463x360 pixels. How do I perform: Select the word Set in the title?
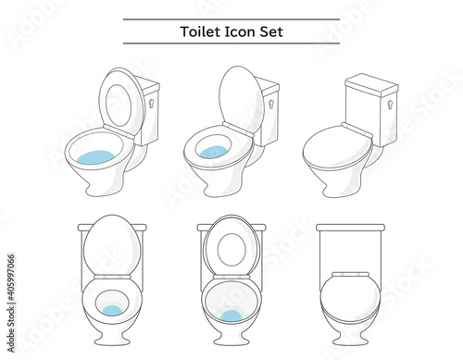(271, 31)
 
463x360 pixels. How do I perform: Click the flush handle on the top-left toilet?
(152, 103)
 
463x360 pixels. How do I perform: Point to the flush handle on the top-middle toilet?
(271, 105)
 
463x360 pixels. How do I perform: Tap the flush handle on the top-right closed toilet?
(391, 105)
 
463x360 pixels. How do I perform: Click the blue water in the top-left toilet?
(95, 157)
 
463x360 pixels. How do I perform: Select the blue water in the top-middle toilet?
(211, 152)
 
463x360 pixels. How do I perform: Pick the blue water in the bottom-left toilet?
(112, 310)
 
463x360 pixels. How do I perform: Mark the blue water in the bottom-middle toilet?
(231, 317)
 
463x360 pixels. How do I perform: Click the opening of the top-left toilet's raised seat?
(119, 106)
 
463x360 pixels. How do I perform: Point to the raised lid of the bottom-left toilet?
(112, 244)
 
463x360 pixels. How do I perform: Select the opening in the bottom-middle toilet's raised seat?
(231, 250)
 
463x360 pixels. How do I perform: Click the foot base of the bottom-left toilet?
(112, 340)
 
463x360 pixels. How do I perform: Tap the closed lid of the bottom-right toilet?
(351, 297)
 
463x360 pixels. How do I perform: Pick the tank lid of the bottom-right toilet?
(351, 228)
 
